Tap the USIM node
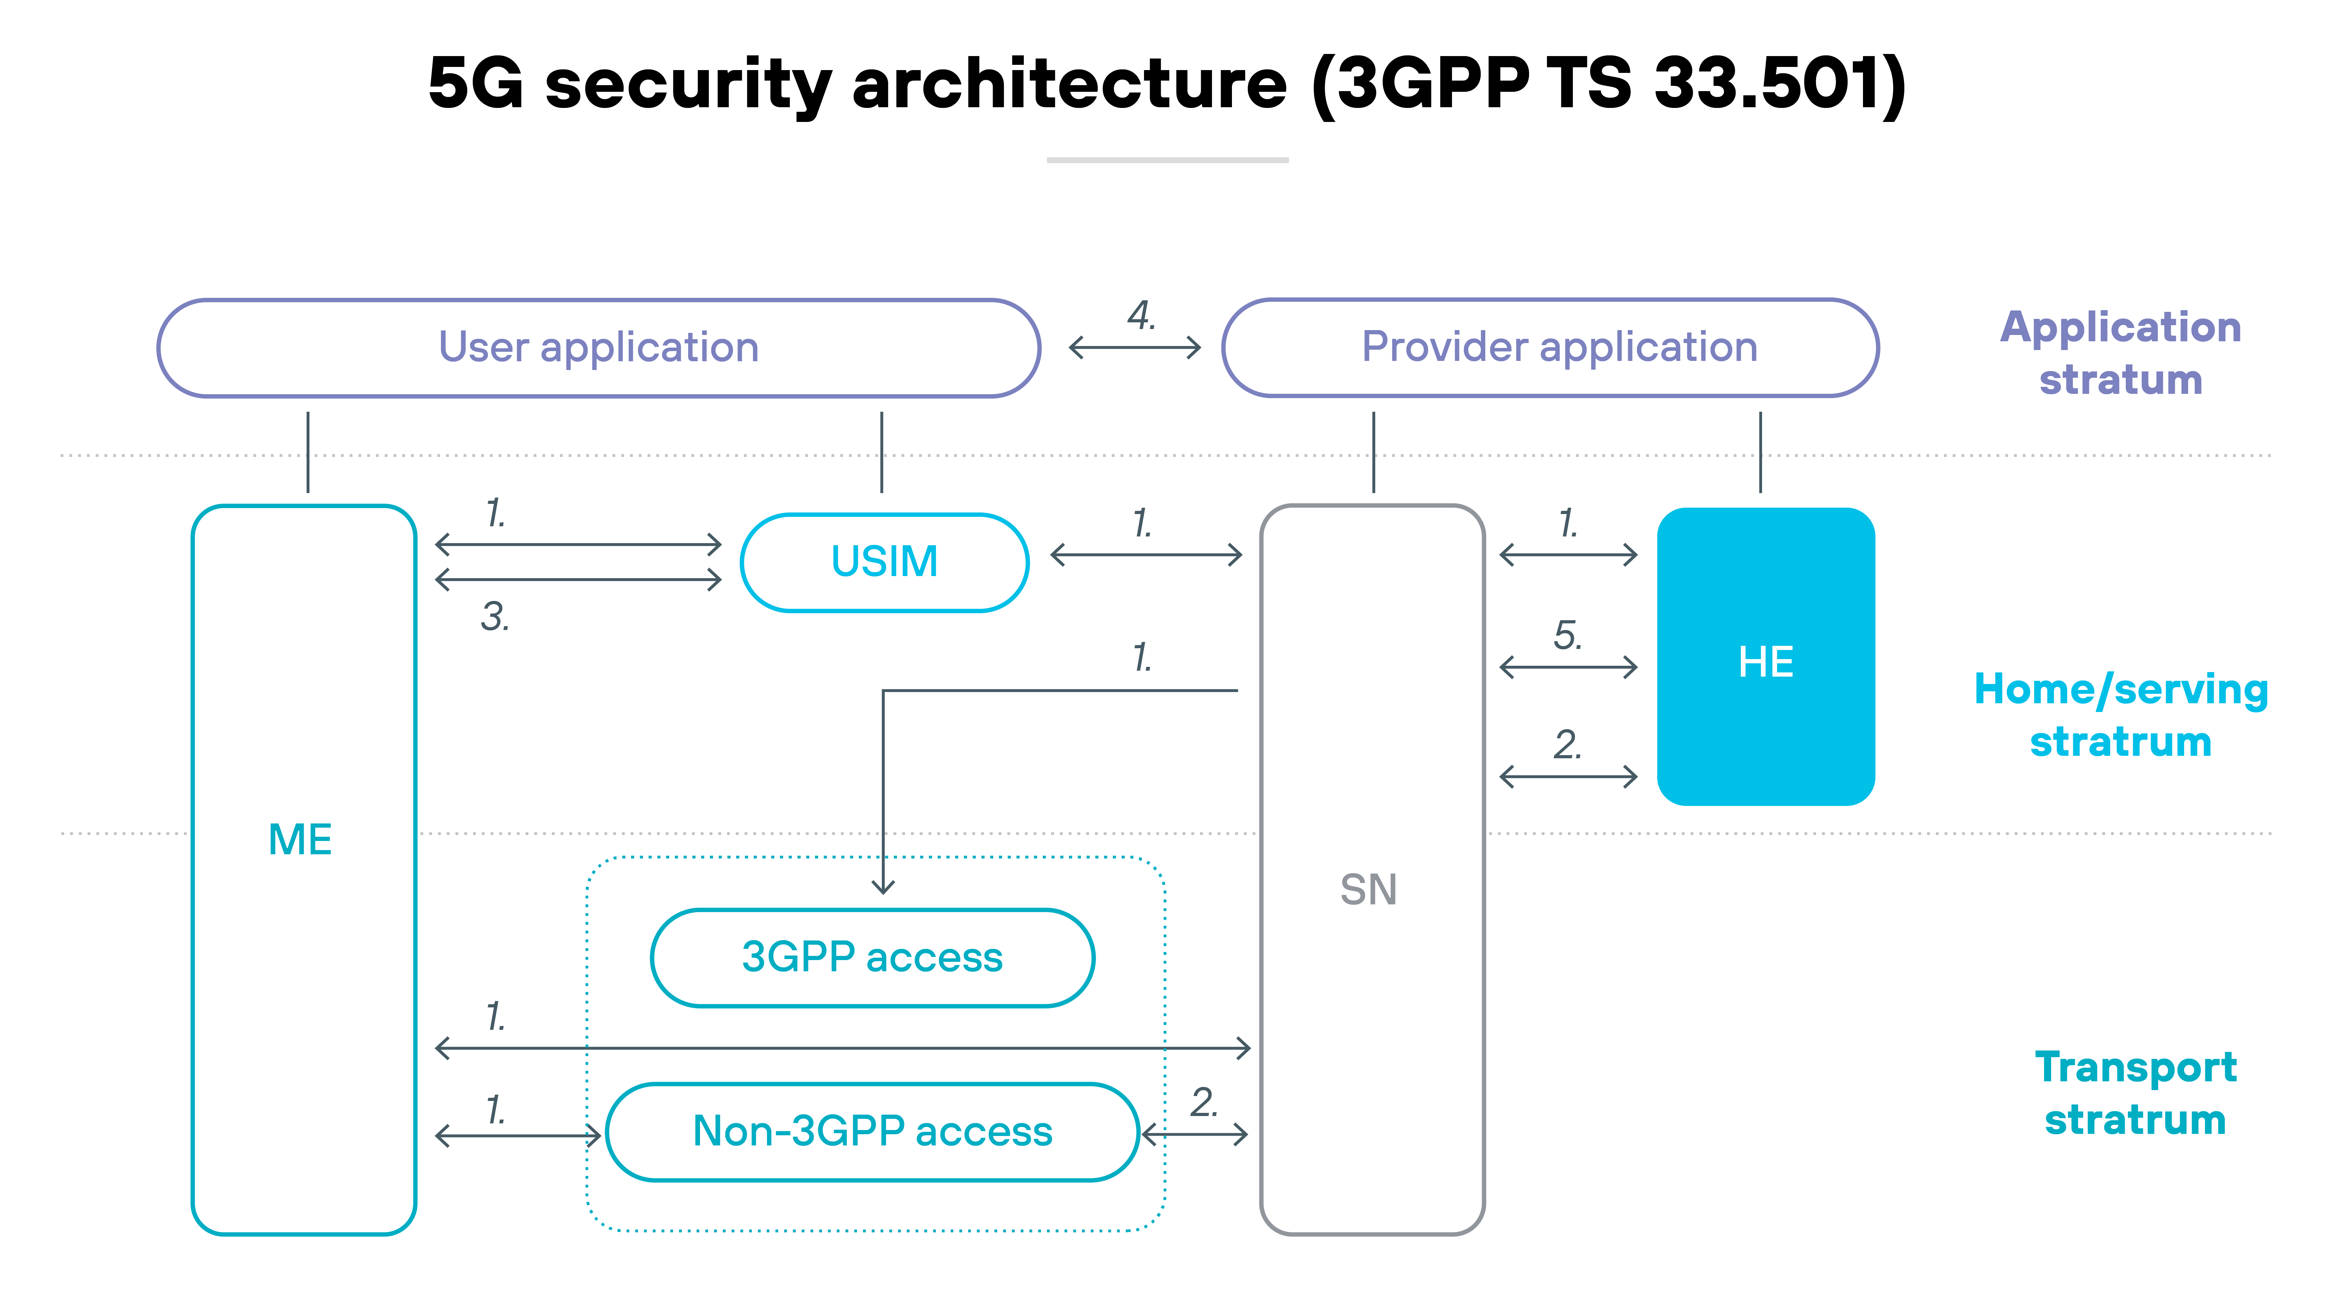point(884,562)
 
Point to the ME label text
point(300,840)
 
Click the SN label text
point(1368,890)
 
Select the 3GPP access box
point(872,958)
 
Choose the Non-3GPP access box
point(872,1132)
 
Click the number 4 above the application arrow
point(1141,316)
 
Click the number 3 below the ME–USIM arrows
point(494,617)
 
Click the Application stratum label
point(2120,353)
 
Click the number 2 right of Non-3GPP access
point(1203,1103)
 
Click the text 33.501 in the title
point(1768,83)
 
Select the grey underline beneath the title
point(1167,159)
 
